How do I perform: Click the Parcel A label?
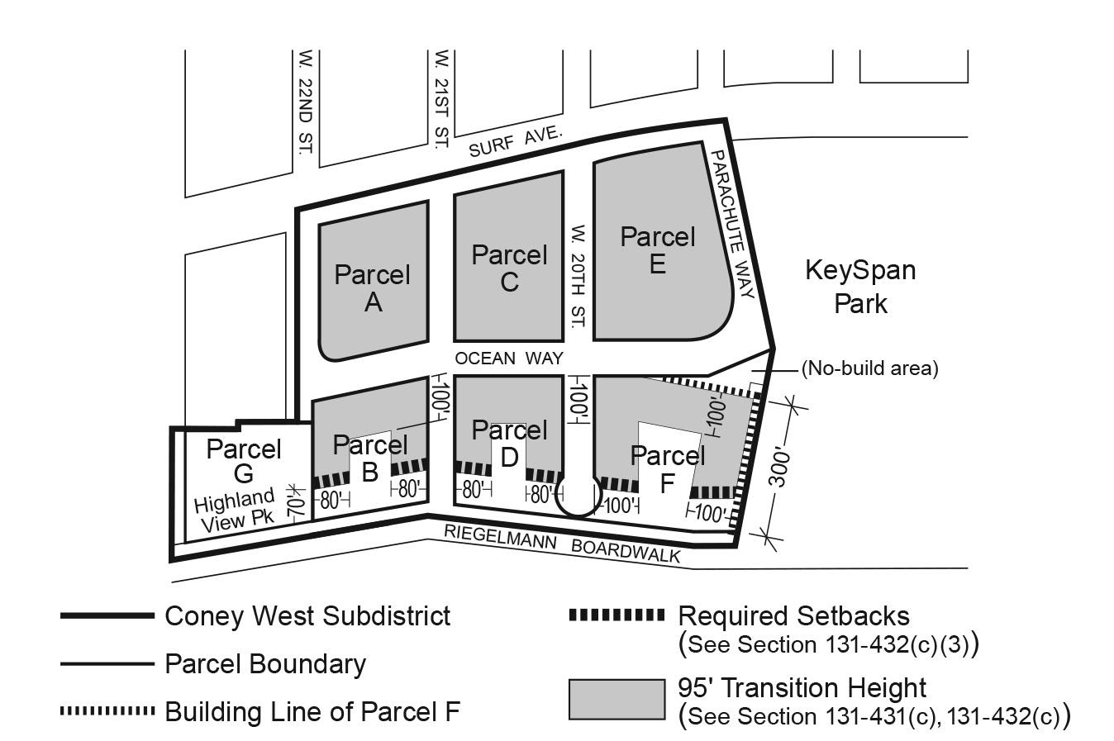pos(372,288)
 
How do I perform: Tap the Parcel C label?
pos(509,268)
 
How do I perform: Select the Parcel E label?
pos(658,249)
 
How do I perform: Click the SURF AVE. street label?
pos(515,142)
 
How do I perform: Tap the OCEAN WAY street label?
pos(508,359)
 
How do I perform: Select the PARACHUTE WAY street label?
pos(732,224)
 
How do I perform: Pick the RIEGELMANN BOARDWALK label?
pos(562,543)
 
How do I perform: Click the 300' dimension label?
pos(780,468)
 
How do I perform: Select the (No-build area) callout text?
pos(869,368)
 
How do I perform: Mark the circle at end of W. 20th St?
pos(577,495)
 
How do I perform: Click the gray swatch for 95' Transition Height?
pos(617,699)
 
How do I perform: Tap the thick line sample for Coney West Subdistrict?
pos(107,615)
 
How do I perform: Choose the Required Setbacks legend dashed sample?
pos(617,615)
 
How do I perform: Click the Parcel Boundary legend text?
pos(264,663)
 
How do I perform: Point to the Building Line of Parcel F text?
pos(312,711)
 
